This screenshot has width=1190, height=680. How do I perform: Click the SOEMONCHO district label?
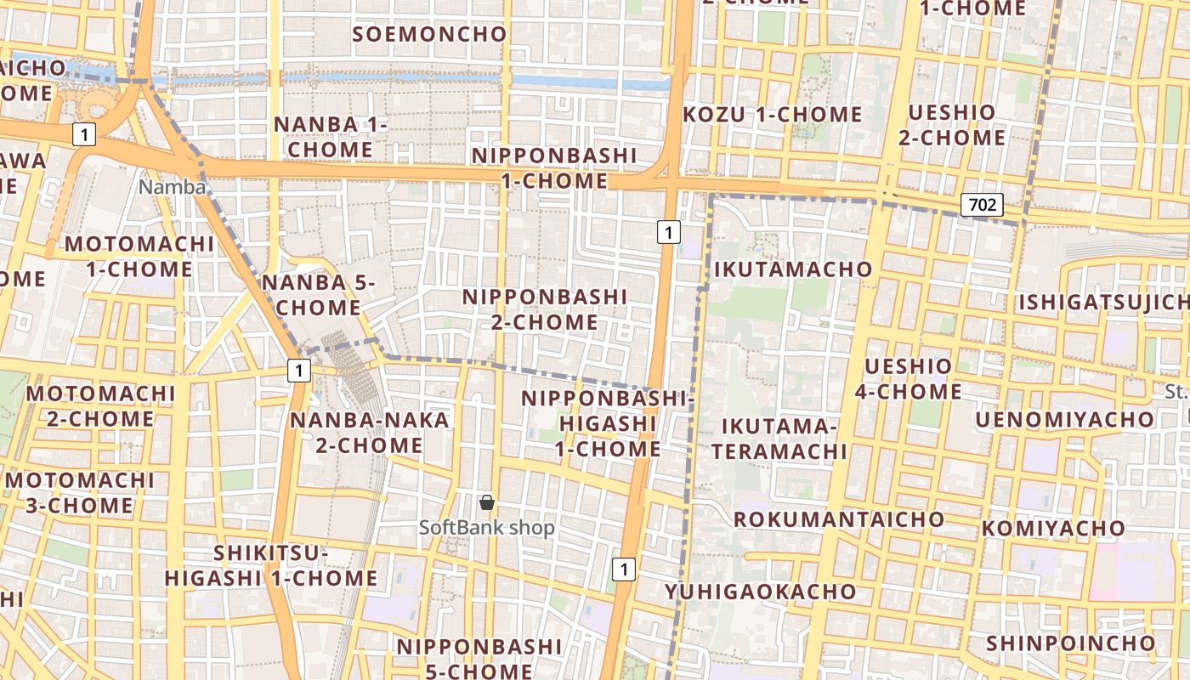(x=429, y=34)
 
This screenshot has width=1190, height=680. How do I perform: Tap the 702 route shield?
(x=983, y=204)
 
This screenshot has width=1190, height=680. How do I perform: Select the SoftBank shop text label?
(x=486, y=528)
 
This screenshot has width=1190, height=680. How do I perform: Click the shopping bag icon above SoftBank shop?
(x=487, y=502)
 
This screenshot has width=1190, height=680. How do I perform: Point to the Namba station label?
(x=173, y=187)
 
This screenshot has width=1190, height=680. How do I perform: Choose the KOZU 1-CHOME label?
(x=773, y=114)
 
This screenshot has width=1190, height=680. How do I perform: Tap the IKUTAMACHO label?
(x=793, y=269)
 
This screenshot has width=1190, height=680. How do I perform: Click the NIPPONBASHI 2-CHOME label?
(x=544, y=309)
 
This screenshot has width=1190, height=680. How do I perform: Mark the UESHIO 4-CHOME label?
(x=908, y=379)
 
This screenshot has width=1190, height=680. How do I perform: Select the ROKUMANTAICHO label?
(x=839, y=519)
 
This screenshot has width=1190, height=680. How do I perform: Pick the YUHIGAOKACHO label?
(x=761, y=592)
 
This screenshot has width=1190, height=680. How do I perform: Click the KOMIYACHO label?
(x=1053, y=529)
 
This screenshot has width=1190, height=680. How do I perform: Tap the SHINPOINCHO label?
(x=1071, y=643)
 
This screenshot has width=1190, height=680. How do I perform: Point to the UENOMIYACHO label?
(x=1064, y=420)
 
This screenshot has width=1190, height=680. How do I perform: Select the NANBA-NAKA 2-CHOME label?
(x=369, y=433)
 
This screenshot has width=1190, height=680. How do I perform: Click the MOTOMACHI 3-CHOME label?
(x=80, y=493)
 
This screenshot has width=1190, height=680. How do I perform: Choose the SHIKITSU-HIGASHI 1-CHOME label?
(x=270, y=566)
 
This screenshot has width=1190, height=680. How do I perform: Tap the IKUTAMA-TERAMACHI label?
(x=779, y=439)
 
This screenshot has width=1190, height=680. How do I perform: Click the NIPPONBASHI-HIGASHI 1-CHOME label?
(x=608, y=423)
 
